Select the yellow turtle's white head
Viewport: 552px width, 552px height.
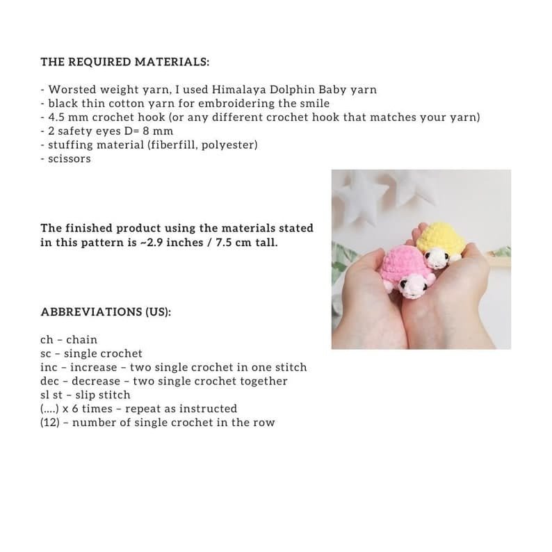pos(438,259)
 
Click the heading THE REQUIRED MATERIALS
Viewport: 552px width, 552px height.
pos(125,61)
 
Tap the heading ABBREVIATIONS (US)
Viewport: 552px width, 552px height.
pos(106,311)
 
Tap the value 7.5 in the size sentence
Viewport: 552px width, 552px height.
pos(215,243)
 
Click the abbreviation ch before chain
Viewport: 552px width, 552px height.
pos(47,340)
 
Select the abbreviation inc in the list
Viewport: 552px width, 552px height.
pos(49,367)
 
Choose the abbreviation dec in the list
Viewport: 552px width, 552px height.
pos(49,381)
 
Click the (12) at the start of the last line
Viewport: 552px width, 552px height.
pos(51,422)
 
